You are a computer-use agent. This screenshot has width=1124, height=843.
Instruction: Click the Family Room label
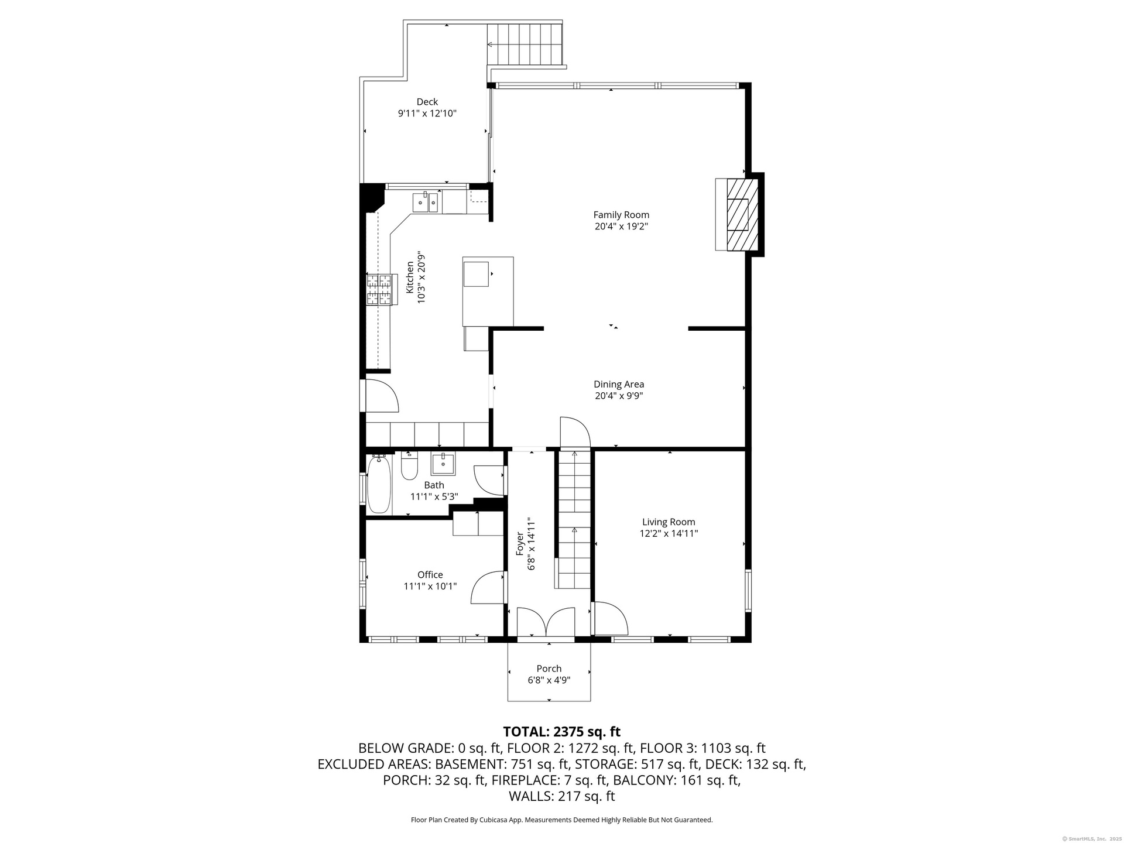point(621,215)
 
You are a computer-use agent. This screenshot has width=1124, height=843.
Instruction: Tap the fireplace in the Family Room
point(737,214)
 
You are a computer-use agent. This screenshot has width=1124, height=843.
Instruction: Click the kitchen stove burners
point(379,290)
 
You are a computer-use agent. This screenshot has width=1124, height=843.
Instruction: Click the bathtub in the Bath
point(379,485)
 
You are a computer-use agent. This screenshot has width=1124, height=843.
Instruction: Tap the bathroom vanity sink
point(444,464)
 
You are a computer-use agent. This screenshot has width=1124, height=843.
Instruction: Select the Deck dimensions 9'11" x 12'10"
point(427,114)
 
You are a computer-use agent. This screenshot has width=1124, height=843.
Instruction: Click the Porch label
point(549,669)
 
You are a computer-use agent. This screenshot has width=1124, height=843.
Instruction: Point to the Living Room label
point(669,522)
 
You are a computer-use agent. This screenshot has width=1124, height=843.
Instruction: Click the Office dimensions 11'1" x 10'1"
point(430,586)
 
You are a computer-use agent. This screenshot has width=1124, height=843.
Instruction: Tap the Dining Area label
point(619,384)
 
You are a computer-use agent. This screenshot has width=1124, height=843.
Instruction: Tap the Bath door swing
point(489,480)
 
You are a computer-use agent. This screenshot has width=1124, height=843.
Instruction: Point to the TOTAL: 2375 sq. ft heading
point(562,732)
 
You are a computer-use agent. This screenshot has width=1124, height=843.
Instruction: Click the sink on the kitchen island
point(476,274)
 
